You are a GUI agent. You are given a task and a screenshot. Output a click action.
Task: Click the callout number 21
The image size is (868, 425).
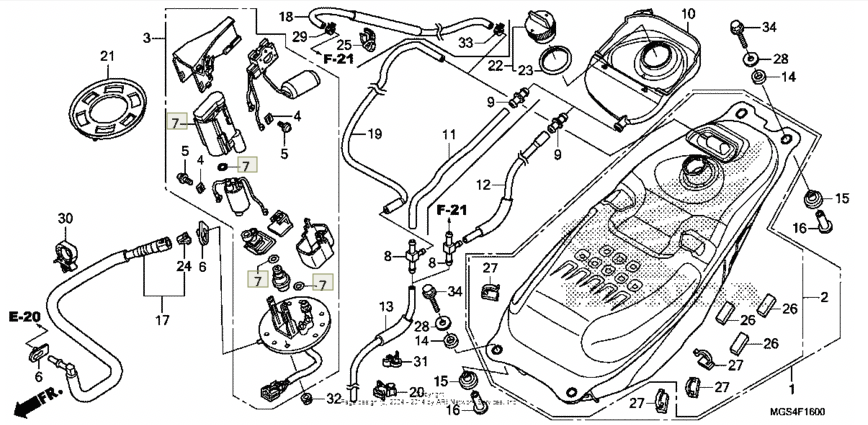point(108,55)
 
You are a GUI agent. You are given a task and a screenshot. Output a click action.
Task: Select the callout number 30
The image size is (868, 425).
point(66,218)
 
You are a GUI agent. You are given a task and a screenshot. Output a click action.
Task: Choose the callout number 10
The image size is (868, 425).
point(688,14)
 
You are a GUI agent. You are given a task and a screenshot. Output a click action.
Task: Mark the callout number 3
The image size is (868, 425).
point(147,38)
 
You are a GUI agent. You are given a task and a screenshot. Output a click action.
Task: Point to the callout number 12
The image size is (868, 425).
point(483,184)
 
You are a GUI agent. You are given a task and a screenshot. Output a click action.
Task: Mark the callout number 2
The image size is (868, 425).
point(824,297)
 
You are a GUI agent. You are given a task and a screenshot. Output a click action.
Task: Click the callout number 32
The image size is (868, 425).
point(333,399)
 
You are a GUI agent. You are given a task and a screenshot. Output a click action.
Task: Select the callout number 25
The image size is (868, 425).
point(342,44)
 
